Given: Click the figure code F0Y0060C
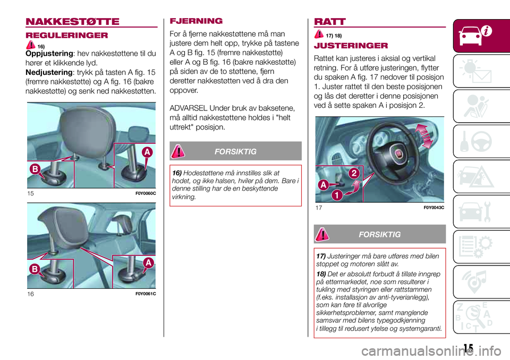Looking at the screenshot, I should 144,193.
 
